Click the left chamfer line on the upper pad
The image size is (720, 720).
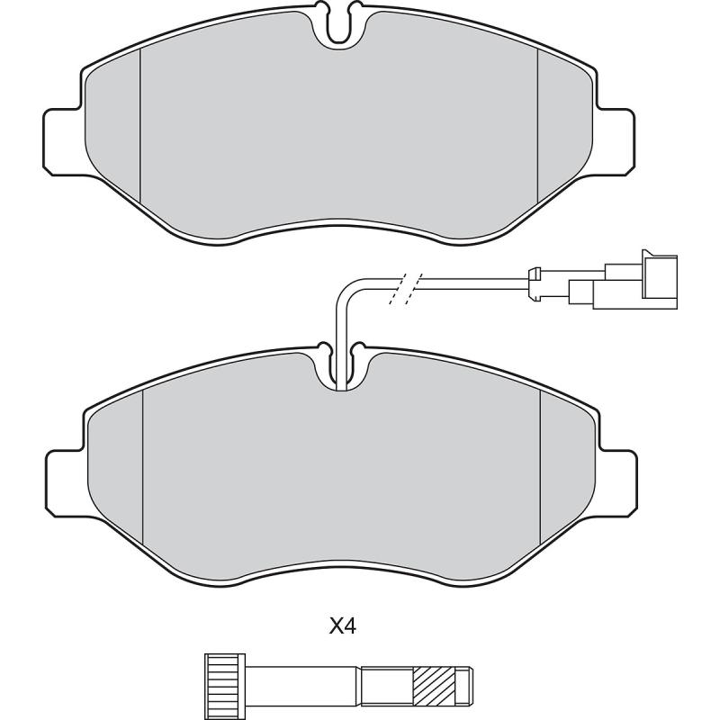(x=141, y=126)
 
